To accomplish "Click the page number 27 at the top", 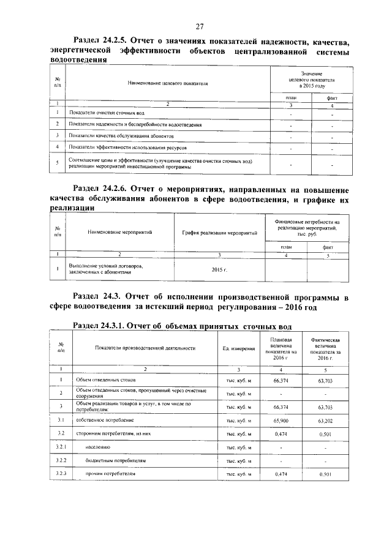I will [199, 26].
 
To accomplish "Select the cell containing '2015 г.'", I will [219, 270].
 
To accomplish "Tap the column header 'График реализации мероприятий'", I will [219, 233].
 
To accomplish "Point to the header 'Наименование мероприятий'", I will [119, 233].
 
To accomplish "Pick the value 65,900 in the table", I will [281, 421].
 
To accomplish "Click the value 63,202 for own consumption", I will [325, 421].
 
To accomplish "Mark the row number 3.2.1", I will [61, 447].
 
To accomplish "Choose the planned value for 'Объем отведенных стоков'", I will [281, 381].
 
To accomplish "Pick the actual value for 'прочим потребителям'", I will [325, 474].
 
